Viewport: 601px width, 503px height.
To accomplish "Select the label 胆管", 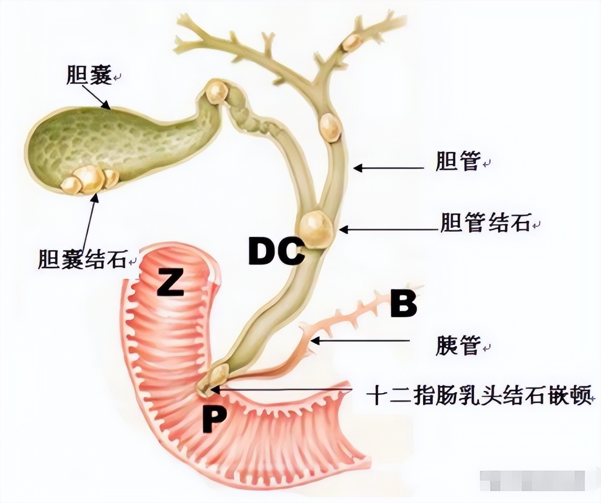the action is (x=457, y=161).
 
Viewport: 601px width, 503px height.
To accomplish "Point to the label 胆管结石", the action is (x=485, y=223).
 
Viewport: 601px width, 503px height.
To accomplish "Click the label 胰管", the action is (x=458, y=346).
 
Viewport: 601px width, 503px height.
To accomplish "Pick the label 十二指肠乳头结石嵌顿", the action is (x=478, y=395).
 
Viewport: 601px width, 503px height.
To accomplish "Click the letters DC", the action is (x=276, y=251).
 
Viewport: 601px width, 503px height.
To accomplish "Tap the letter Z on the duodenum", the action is (x=170, y=282).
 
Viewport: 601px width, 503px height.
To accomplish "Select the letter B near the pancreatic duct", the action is (x=403, y=304).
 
